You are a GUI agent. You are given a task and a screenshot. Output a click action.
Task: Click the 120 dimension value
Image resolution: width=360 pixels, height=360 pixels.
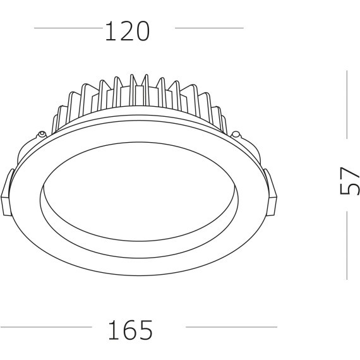click(x=127, y=31)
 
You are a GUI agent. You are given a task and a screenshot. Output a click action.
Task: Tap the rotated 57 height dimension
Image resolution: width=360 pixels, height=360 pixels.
click(x=349, y=182)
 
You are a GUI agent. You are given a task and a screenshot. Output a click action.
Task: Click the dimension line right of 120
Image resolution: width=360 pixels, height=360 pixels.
click(x=208, y=28)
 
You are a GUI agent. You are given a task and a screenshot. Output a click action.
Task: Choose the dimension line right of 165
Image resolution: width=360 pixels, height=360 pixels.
click(x=231, y=327)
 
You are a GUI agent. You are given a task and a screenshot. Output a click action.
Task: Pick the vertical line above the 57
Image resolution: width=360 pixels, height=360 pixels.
click(x=347, y=104)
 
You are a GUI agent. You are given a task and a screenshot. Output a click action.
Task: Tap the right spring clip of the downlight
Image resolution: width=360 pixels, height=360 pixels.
click(x=272, y=189)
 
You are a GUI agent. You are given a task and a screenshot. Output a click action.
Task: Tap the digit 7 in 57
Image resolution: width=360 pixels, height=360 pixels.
click(x=349, y=174)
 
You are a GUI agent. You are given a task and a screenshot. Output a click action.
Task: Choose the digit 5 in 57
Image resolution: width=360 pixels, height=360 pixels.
click(x=349, y=189)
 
